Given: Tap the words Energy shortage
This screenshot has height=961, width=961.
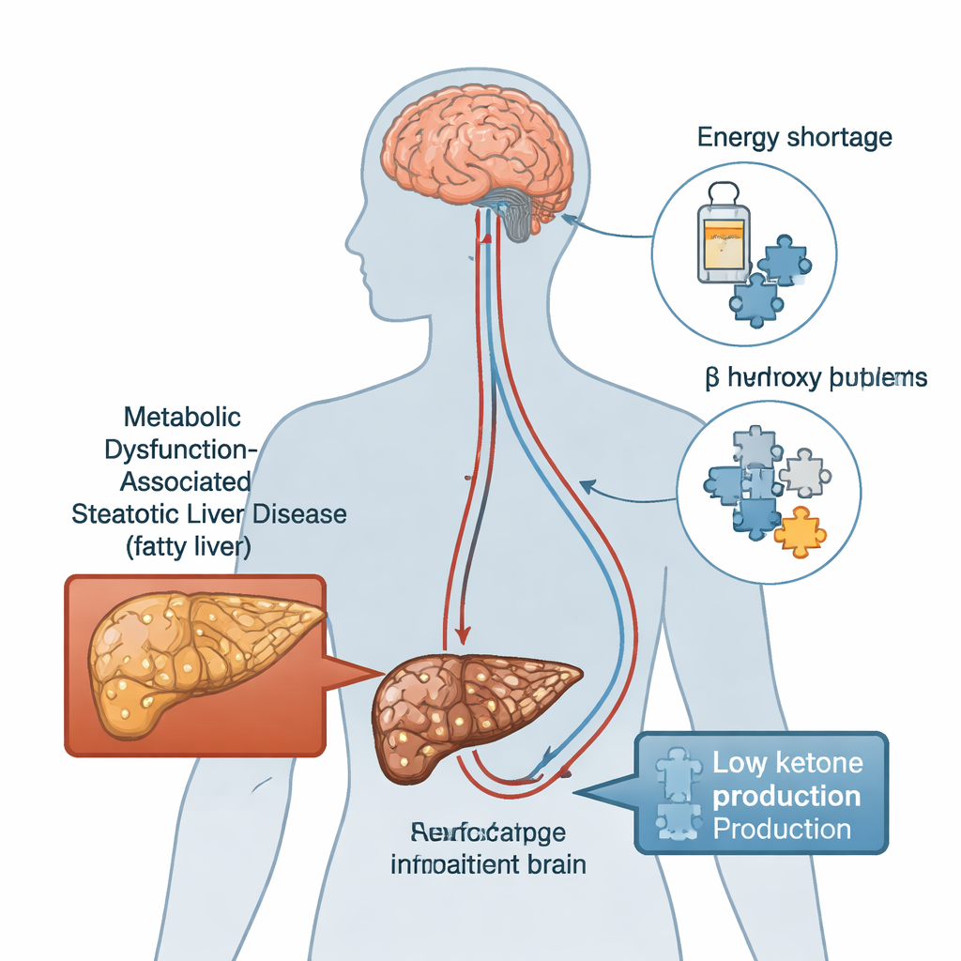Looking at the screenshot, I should [794, 137].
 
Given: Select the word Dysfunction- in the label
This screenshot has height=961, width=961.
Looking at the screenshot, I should [177, 450].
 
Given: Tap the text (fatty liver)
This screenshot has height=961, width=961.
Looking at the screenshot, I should [188, 548].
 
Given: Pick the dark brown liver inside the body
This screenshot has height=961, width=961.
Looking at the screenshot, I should [469, 709].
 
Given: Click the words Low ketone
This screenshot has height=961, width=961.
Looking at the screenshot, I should [787, 763].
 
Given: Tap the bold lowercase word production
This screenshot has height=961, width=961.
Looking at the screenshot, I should [786, 796].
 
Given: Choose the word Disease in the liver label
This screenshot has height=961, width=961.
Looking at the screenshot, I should [299, 514].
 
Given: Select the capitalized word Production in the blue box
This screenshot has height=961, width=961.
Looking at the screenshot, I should [781, 830].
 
